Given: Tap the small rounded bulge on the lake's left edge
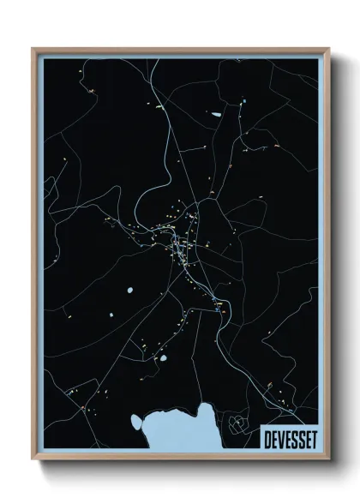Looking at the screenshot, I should click(x=137, y=421).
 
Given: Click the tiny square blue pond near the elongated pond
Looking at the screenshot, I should click(x=243, y=104).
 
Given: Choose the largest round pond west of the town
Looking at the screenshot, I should click(x=129, y=292).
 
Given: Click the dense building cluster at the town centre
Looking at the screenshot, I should click(x=182, y=248).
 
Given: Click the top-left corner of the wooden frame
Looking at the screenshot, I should click(x=33, y=49).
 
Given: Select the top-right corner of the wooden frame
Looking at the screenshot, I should click(x=328, y=49).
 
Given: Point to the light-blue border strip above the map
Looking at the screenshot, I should click(x=180, y=56).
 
